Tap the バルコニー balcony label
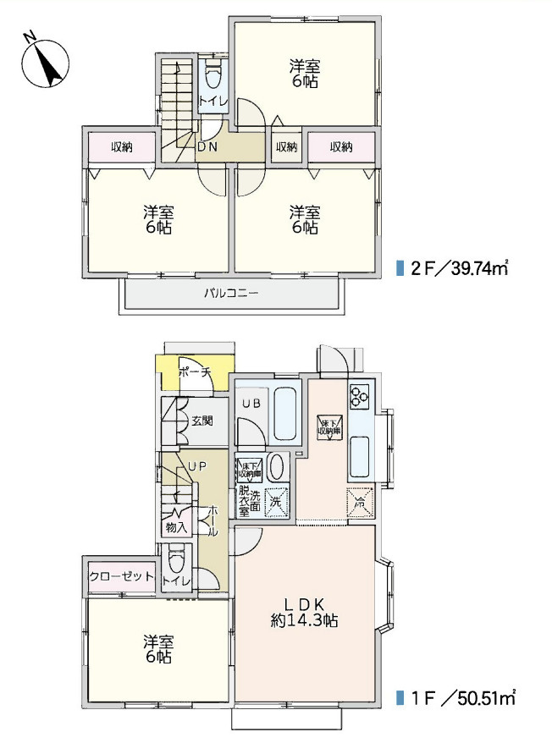pos(230,294)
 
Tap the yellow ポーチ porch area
pos(193,372)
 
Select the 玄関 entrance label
pos(201,420)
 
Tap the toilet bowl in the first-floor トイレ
pos(176,562)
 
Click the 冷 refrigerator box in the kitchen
pos(359,503)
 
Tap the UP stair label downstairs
pos(197,465)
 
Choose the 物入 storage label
pos(176,527)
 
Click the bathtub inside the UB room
pos(286,412)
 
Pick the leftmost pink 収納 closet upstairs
pos(121,147)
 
